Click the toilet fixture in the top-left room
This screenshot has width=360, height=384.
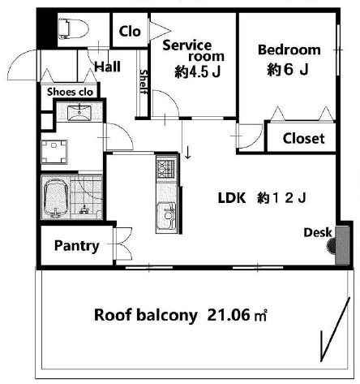tap(74, 28)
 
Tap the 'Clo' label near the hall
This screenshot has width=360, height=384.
tap(130, 32)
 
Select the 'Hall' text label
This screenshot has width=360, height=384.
tap(107, 67)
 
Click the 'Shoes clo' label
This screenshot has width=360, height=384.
tap(70, 92)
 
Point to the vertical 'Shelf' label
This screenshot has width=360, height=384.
tap(144, 81)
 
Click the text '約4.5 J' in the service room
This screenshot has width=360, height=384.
tap(198, 72)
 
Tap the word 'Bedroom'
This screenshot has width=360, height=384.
tap(289, 50)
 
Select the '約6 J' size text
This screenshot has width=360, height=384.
tap(288, 70)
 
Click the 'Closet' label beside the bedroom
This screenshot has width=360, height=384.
tap(303, 138)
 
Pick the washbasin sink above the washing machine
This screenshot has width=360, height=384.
tap(79, 113)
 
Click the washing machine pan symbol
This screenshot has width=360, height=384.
tap(54, 152)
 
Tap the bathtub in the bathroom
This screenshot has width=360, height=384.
tap(56, 198)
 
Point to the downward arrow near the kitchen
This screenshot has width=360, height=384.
tap(188, 153)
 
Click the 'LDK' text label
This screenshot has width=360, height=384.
tap(232, 198)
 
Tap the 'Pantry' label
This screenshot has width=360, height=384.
tap(77, 246)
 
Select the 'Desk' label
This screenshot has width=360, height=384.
tap(318, 232)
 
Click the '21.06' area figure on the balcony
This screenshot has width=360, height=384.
tap(229, 315)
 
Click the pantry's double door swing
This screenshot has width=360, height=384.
tap(123, 244)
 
